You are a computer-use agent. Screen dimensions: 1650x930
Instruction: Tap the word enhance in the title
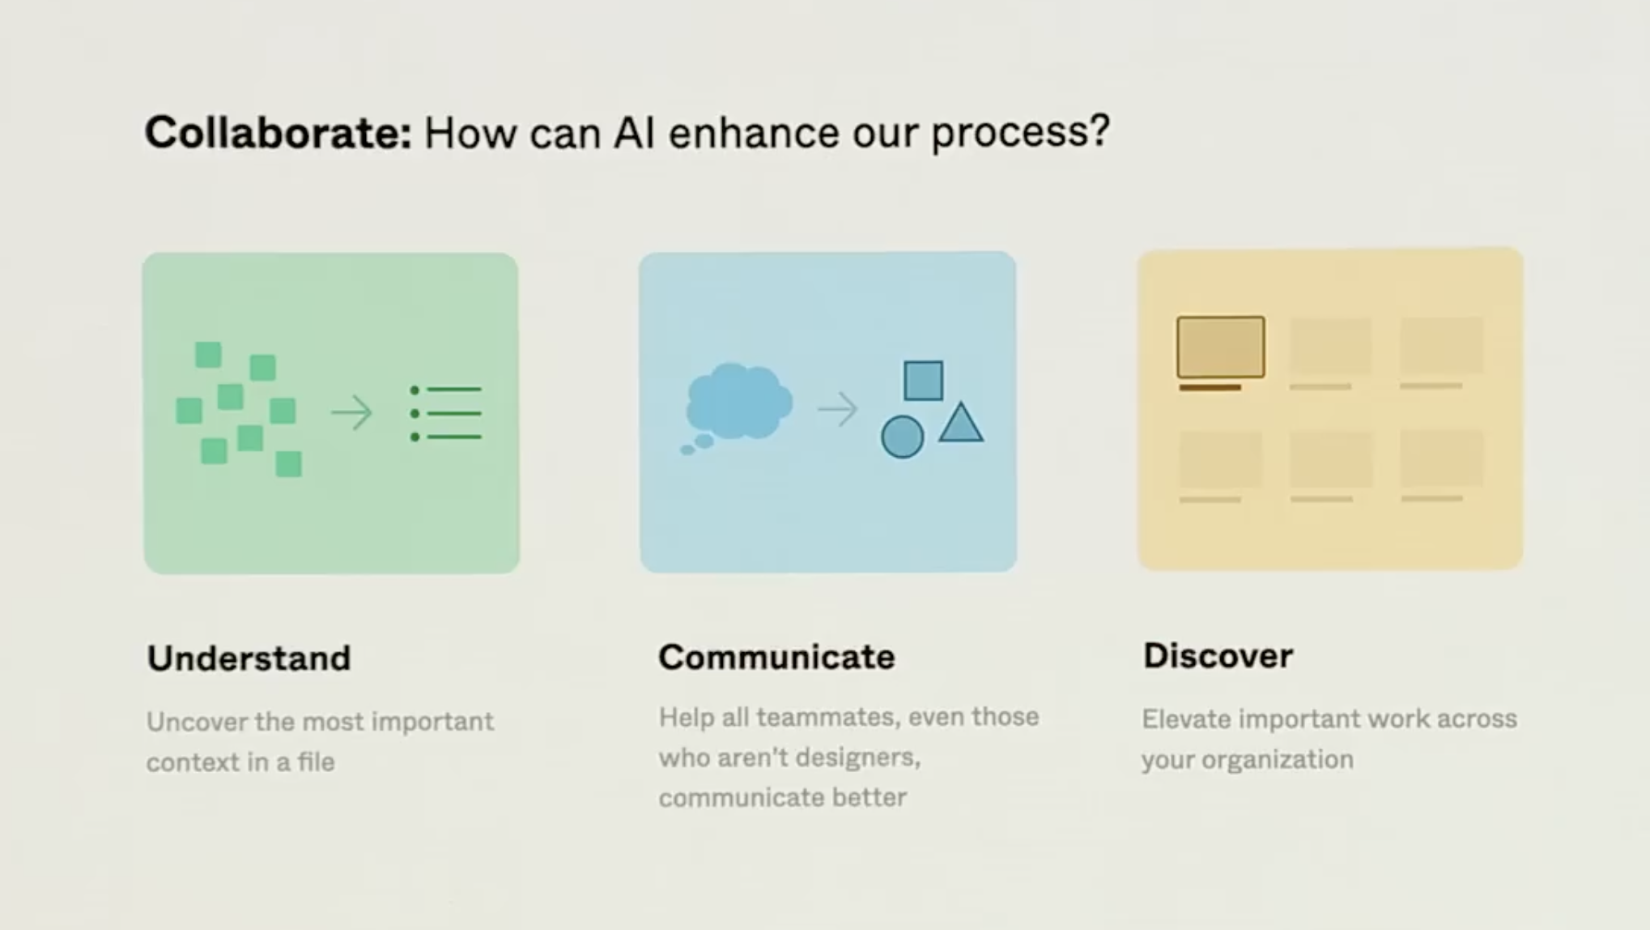click(x=754, y=132)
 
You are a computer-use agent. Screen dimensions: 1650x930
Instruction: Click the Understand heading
click(x=249, y=658)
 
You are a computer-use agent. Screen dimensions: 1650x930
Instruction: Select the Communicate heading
click(x=776, y=656)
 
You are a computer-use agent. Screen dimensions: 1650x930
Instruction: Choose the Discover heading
click(x=1218, y=655)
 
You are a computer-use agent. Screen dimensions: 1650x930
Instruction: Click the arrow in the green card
click(x=351, y=413)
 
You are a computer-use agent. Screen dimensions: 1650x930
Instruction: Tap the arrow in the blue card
click(x=837, y=409)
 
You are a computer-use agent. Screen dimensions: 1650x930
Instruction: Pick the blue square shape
click(x=923, y=381)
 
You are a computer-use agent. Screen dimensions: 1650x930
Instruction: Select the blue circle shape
click(x=902, y=437)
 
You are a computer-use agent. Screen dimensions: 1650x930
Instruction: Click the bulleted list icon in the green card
click(x=446, y=413)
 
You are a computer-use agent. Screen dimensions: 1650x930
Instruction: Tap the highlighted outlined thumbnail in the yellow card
click(x=1220, y=347)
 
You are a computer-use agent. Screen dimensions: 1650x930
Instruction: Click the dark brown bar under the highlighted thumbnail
click(x=1210, y=388)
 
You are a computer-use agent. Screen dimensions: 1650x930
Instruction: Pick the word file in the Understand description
click(x=315, y=761)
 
